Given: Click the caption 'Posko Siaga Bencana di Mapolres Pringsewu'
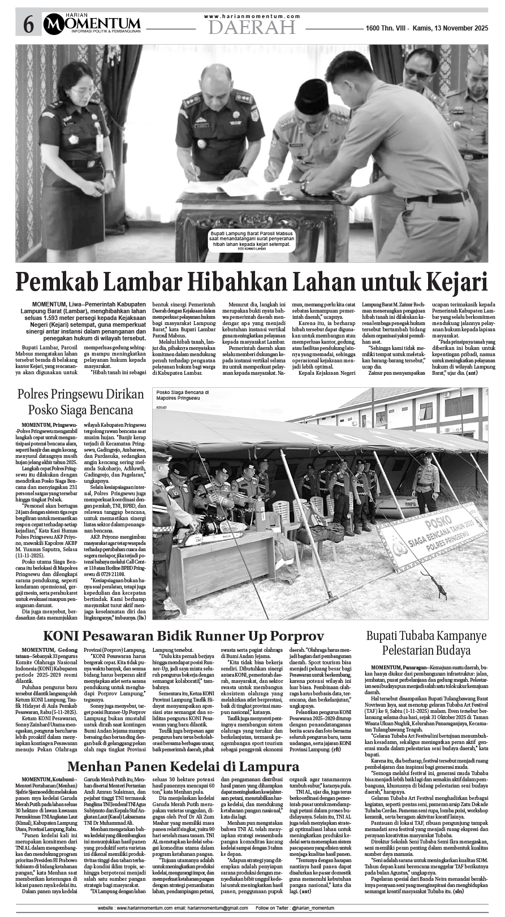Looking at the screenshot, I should point(182,395).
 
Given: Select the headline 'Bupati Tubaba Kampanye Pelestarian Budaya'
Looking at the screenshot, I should point(426,643).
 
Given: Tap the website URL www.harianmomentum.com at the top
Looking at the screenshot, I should point(252,16).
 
